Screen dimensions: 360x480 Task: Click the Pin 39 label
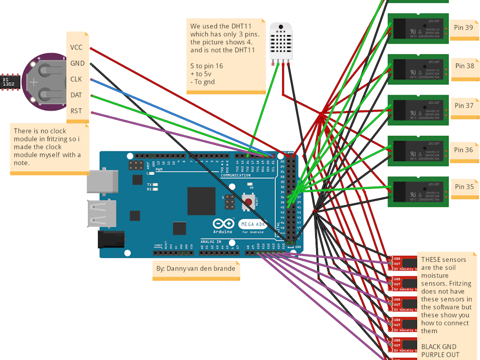click(x=464, y=27)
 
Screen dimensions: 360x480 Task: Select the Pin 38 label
click(x=464, y=66)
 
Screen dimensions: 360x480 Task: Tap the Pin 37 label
click(x=464, y=106)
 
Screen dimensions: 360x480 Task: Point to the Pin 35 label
click(x=464, y=187)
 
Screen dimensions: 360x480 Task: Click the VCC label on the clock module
click(x=76, y=47)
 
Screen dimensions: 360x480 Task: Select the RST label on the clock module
click(x=76, y=111)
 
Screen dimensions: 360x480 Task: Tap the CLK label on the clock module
click(x=76, y=79)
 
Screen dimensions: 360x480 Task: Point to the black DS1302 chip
click(x=10, y=82)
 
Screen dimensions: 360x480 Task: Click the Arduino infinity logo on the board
click(x=223, y=223)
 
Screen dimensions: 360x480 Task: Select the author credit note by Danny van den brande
click(x=195, y=268)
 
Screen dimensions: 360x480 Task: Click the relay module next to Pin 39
click(x=418, y=28)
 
